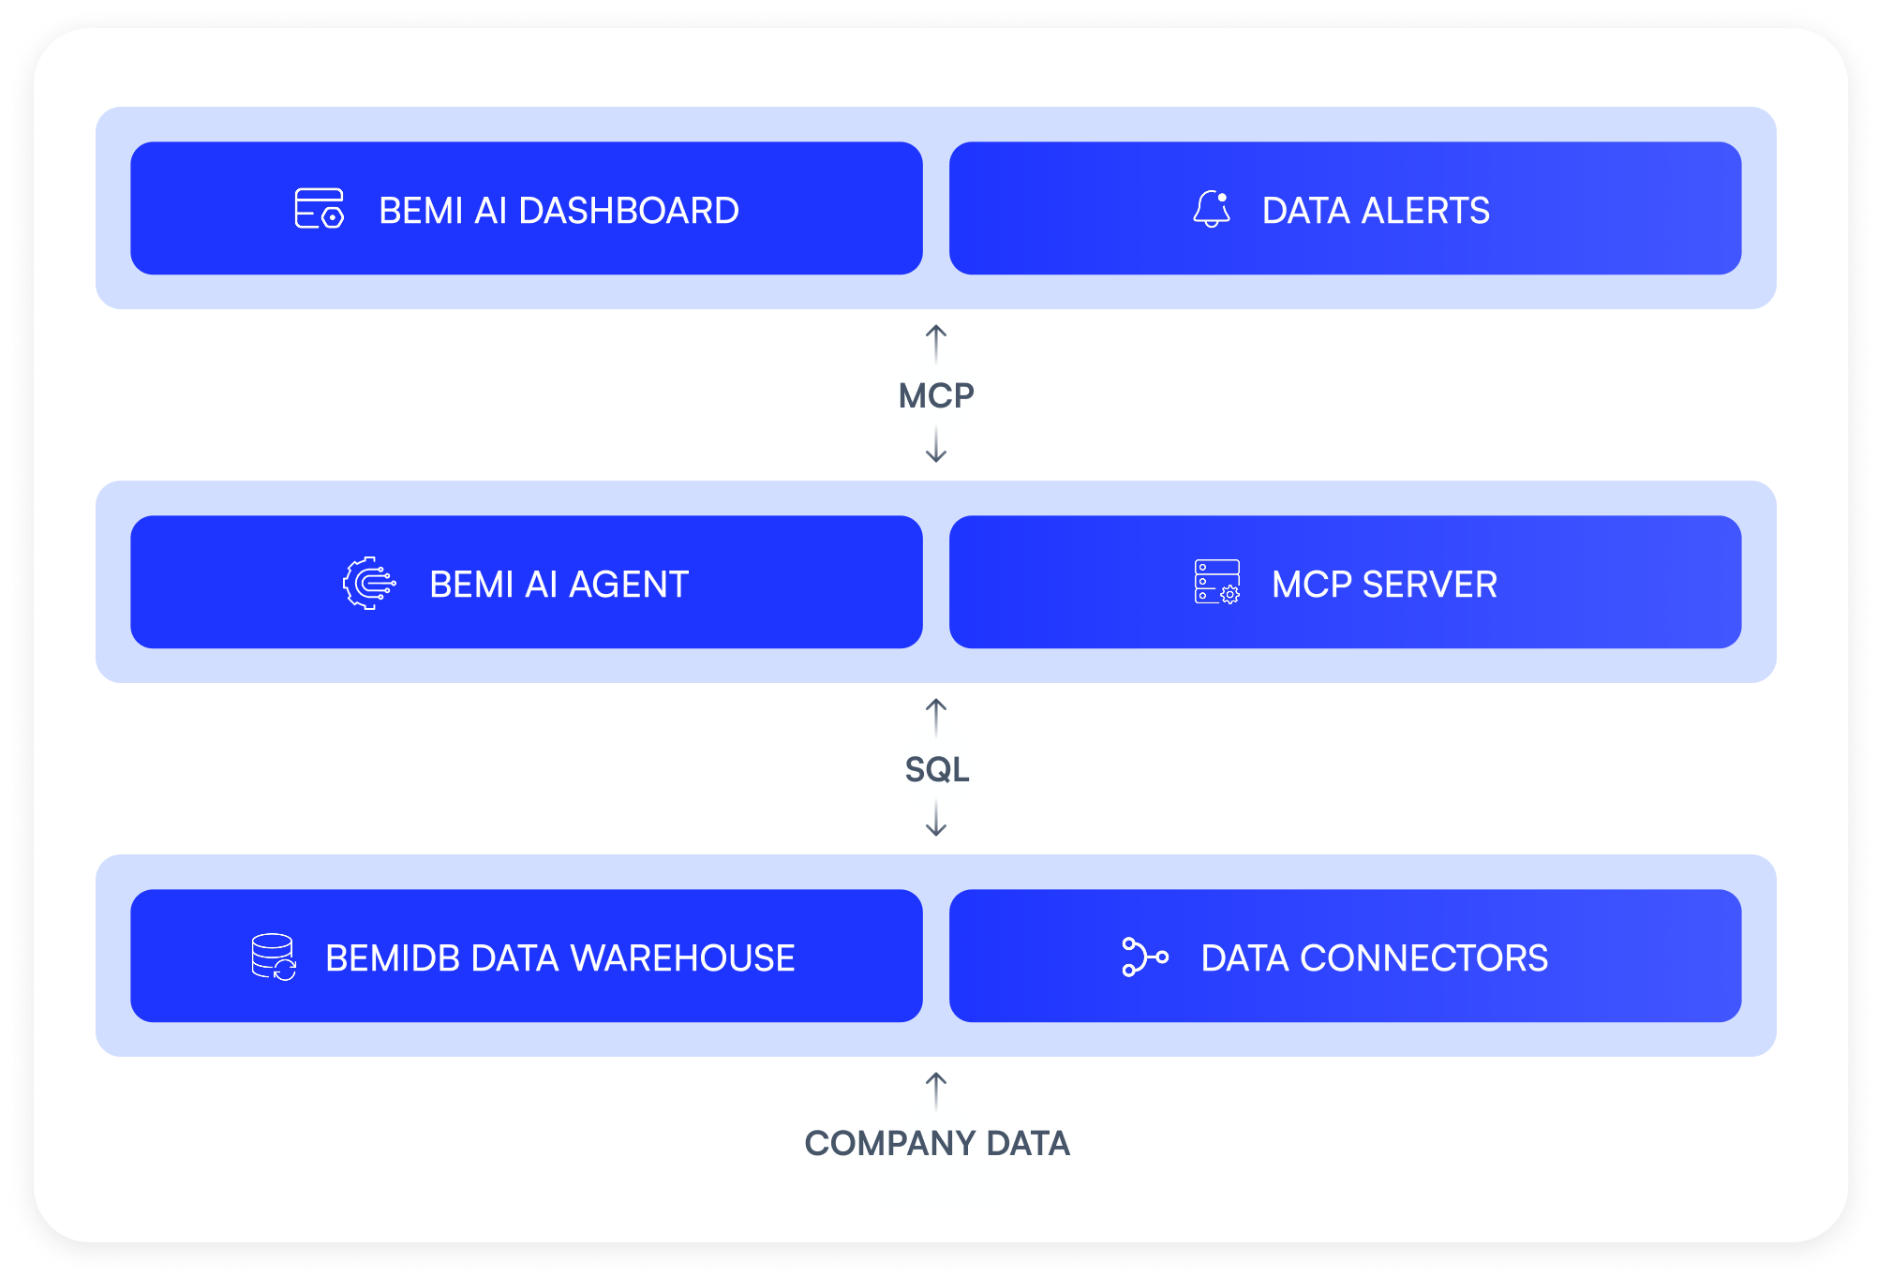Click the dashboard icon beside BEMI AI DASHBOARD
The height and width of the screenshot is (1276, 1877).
[319, 209]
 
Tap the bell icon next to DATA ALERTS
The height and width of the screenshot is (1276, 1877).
[1212, 209]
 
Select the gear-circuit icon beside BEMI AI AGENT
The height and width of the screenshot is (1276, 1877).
[369, 584]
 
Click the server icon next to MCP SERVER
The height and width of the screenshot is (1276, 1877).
[1217, 582]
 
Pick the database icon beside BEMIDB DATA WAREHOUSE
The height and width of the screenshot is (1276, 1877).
[274, 957]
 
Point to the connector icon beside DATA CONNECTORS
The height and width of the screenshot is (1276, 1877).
[1145, 957]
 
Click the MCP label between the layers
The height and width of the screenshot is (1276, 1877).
[936, 395]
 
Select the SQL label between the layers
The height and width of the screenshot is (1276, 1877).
[936, 769]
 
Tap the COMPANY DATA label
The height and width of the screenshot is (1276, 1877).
[936, 1143]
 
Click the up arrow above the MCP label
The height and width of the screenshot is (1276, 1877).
[936, 344]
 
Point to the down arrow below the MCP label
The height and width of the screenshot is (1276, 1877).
[936, 445]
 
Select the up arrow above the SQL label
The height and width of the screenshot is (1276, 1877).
[936, 718]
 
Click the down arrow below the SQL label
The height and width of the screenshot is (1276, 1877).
[936, 819]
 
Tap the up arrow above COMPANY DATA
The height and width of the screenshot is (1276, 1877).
[936, 1091]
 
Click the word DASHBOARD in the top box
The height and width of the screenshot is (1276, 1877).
[629, 210]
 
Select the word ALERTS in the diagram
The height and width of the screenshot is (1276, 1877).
[1425, 210]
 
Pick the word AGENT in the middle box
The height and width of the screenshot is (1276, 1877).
[629, 584]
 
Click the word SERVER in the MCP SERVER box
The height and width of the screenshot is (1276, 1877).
[1430, 584]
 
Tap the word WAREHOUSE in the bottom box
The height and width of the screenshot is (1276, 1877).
[682, 957]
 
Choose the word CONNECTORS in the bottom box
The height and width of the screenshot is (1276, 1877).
[1424, 957]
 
